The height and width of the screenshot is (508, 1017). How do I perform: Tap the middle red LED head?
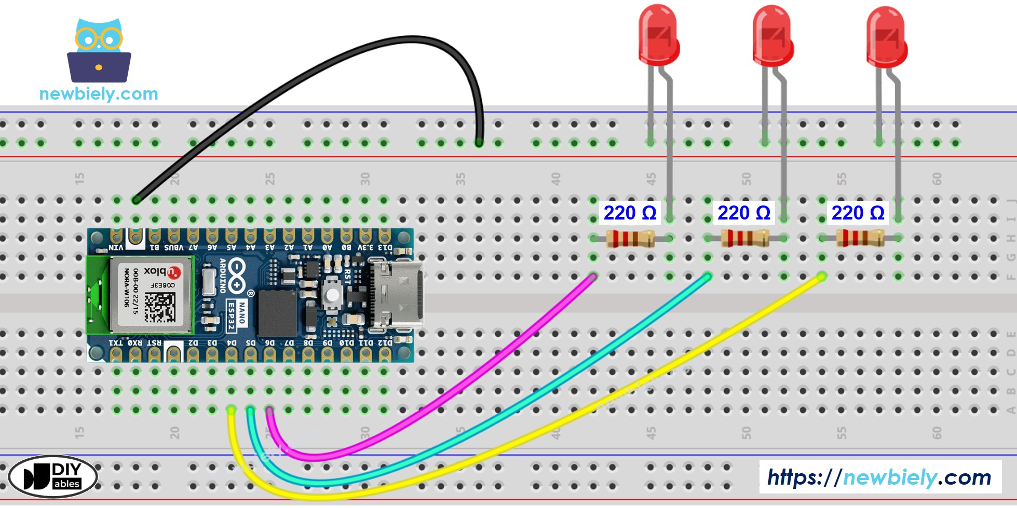coord(772,35)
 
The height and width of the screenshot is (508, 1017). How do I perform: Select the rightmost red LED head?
coord(887,36)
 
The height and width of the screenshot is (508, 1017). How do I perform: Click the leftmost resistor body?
coord(630,239)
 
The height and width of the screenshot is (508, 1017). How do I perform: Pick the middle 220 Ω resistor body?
coord(744,239)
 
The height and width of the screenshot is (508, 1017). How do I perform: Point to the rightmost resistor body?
coord(859,239)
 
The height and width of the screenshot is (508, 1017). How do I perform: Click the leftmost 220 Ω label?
coord(630,213)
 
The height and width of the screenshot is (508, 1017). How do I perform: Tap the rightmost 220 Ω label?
coord(858,213)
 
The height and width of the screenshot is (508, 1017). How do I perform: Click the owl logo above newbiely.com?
coord(99,51)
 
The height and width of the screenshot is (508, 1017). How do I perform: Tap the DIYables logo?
coord(53,476)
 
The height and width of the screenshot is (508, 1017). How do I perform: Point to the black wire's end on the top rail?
coord(479,142)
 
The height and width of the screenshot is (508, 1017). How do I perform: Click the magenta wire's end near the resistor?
coord(592,277)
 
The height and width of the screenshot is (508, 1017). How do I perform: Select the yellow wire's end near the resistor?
coord(821,277)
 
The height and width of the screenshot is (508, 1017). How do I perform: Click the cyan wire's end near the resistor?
coord(707,277)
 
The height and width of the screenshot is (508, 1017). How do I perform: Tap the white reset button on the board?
coord(332,295)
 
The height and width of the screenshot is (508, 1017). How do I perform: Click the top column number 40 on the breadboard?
coord(555,180)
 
